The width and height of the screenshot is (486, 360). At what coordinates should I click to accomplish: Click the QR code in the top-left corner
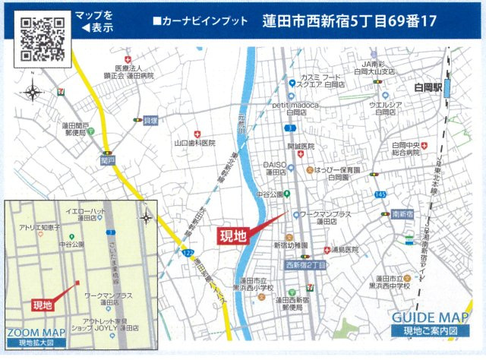pyautogui.click(x=42, y=37)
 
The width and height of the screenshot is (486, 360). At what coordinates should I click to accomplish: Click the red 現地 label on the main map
pyautogui.click(x=233, y=235)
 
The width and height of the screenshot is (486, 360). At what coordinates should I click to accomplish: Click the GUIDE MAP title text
pyautogui.click(x=431, y=317)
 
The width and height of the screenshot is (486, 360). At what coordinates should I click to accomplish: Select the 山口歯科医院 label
pyautogui.click(x=194, y=142)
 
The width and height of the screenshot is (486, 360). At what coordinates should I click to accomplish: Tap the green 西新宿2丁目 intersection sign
pyautogui.click(x=305, y=266)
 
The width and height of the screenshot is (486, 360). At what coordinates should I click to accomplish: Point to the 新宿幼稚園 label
pyautogui.click(x=290, y=245)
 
